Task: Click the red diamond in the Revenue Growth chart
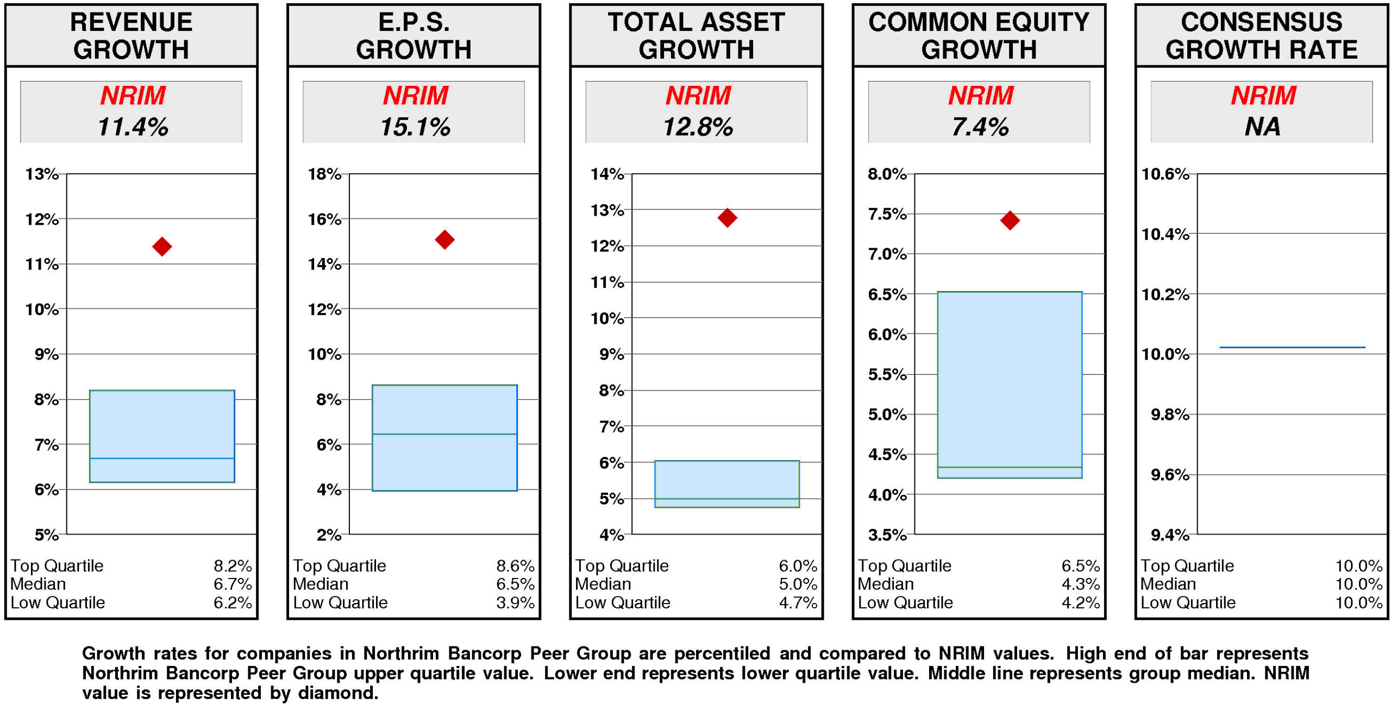pos(161,246)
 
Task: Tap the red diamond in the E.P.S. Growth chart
pos(444,239)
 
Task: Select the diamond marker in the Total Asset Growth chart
pos(726,217)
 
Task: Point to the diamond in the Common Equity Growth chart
pos(1009,220)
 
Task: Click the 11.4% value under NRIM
pos(133,127)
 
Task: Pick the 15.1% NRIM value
pos(415,127)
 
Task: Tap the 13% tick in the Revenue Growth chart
pos(41,174)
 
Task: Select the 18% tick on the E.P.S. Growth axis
pos(324,174)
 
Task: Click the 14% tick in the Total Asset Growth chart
pos(606,174)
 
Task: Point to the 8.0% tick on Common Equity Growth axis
pos(886,174)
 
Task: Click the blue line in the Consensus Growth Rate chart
pos(1292,347)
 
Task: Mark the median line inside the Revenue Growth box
pos(161,457)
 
